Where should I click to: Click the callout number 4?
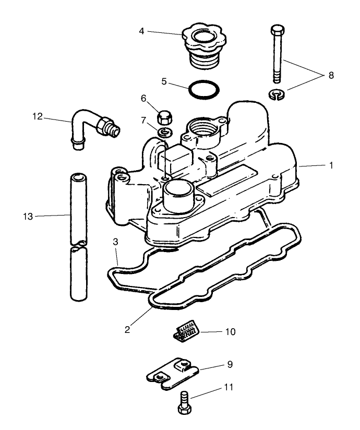click(x=141, y=31)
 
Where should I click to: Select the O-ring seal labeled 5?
click(x=203, y=88)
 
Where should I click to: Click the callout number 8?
click(x=330, y=76)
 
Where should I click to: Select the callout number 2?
click(x=127, y=329)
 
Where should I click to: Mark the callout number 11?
click(x=228, y=388)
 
